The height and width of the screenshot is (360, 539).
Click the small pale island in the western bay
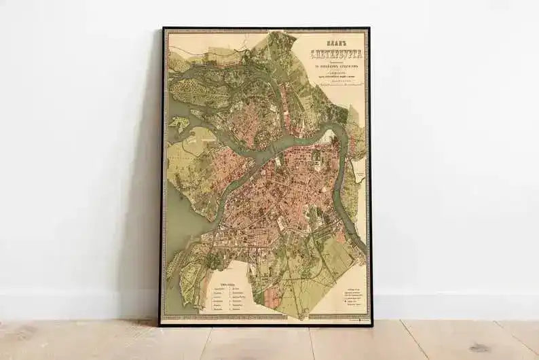pyautogui.click(x=180, y=124)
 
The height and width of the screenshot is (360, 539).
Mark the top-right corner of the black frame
pyautogui.click(x=370, y=28)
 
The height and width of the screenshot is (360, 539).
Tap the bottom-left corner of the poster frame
pyautogui.click(x=161, y=325)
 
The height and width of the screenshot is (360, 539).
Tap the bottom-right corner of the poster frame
pyautogui.click(x=371, y=325)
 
